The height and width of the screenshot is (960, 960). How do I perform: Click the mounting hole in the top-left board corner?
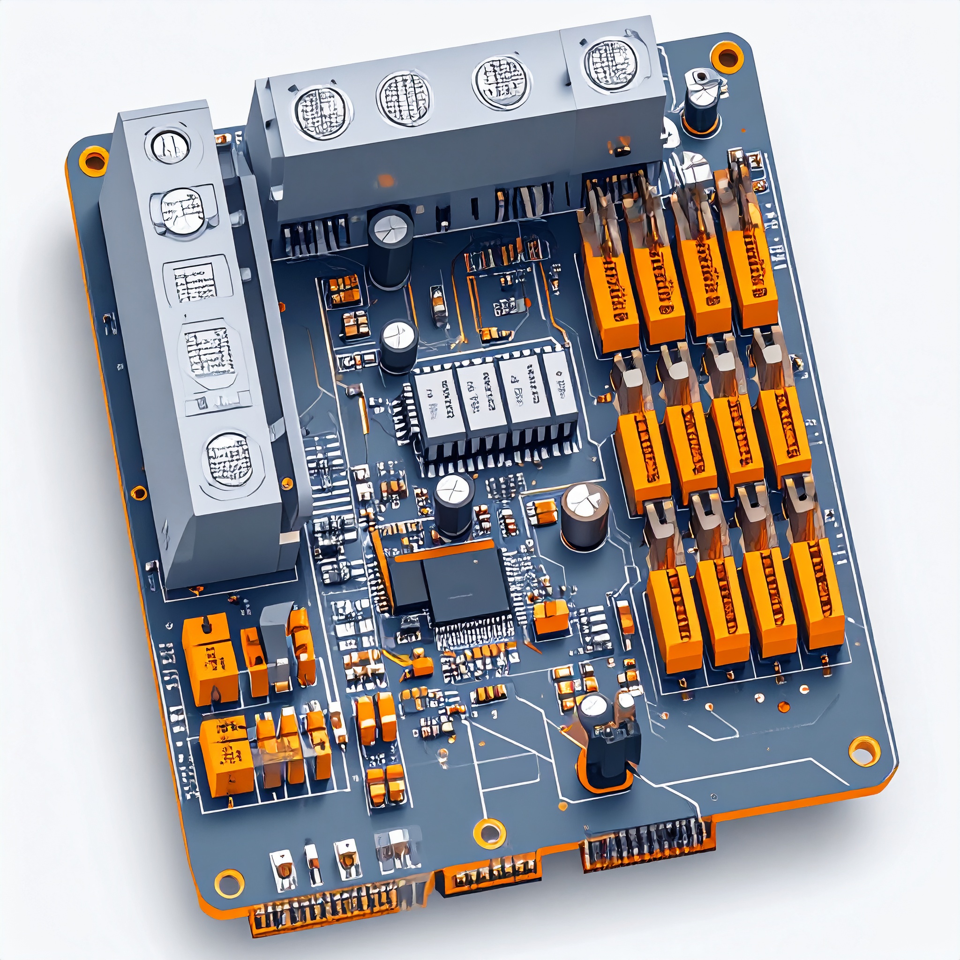[x=93, y=160]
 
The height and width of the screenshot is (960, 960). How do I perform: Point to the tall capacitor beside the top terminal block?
[x=391, y=248]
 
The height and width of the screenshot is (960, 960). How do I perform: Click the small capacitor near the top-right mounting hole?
[x=702, y=102]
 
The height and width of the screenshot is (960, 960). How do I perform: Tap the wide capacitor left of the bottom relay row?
[x=585, y=517]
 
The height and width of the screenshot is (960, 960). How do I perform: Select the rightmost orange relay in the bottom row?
[x=817, y=596]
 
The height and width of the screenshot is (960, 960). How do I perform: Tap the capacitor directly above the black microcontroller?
[x=453, y=504]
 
